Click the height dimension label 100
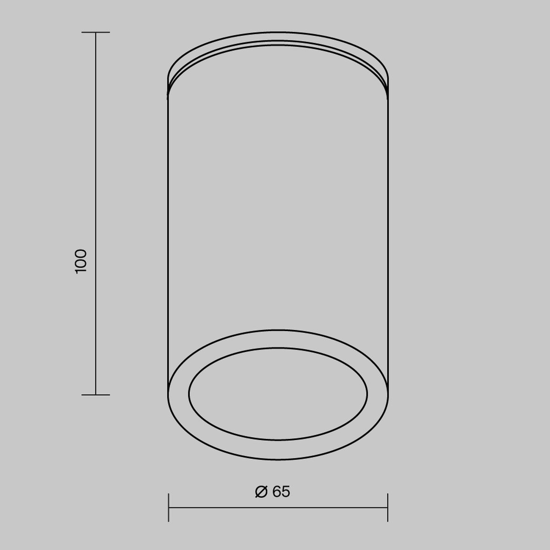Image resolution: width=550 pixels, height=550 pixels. pos(81,261)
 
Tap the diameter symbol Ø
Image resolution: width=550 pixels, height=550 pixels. pos(261,491)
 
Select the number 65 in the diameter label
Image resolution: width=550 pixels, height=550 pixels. pos(281,491)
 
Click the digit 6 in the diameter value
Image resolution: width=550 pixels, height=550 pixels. pos(276,491)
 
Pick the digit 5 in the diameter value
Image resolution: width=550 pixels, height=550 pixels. pos(286,491)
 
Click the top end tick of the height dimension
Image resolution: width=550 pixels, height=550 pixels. pos(96,32)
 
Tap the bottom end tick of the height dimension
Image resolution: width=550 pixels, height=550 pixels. pos(96,395)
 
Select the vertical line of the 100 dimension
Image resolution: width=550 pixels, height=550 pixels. pos(96,214)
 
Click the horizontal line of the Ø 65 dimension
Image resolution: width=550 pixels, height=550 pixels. pos(278,508)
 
